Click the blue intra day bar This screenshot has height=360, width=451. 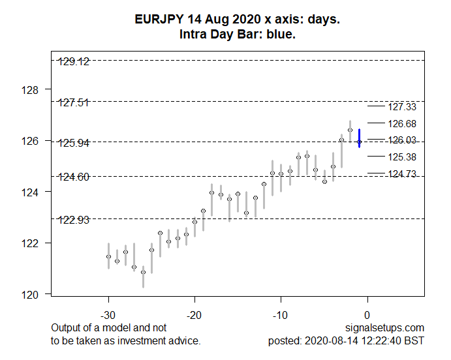click(x=359, y=138)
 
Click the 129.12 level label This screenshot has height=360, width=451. click(x=74, y=62)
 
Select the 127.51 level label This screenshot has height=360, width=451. click(x=74, y=102)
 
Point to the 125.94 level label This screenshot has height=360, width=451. click(x=74, y=142)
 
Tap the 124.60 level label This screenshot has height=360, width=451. click(x=74, y=177)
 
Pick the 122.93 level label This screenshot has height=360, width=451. click(x=74, y=219)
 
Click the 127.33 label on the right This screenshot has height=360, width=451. click(x=402, y=106)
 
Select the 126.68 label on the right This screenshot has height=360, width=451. click(x=402, y=123)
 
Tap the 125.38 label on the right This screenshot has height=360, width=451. click(x=402, y=157)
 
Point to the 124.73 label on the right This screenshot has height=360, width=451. click(x=402, y=173)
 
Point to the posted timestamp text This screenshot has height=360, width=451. click(x=347, y=340)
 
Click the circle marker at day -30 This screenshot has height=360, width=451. click(x=108, y=256)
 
